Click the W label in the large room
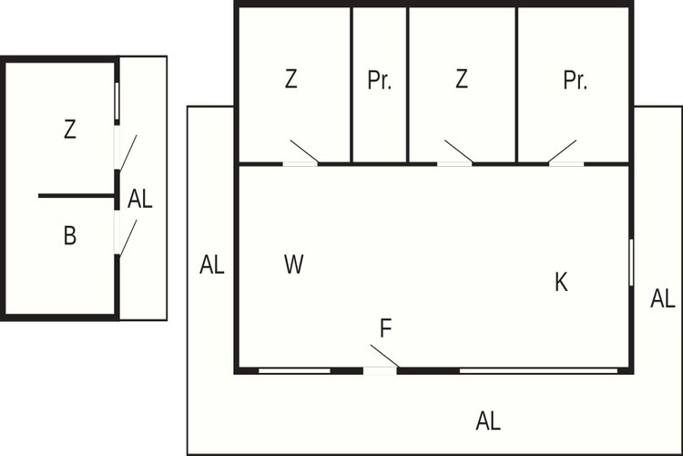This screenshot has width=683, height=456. click(293, 264)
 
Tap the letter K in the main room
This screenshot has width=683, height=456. click(561, 282)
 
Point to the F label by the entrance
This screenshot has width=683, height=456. click(386, 328)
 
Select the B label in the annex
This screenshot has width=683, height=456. click(70, 235)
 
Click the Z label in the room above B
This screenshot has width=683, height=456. click(70, 130)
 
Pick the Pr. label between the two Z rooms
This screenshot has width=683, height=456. click(380, 80)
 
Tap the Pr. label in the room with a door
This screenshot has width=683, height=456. click(575, 80)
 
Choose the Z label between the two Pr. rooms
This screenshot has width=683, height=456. click(462, 79)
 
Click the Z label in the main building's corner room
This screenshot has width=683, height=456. click(291, 79)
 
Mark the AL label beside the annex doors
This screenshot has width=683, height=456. click(140, 199)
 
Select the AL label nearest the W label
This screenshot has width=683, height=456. click(211, 264)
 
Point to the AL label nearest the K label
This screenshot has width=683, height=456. click(663, 299)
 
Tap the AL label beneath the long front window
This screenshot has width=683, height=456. click(488, 421)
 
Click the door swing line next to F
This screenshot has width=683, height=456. click(385, 356)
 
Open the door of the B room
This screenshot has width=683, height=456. click(128, 237)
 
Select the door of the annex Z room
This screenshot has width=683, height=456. click(128, 152)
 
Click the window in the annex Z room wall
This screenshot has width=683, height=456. click(117, 101)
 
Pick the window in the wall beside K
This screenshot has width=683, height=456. click(631, 263)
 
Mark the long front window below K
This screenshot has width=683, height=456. click(538, 371)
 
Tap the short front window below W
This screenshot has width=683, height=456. click(294, 371)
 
